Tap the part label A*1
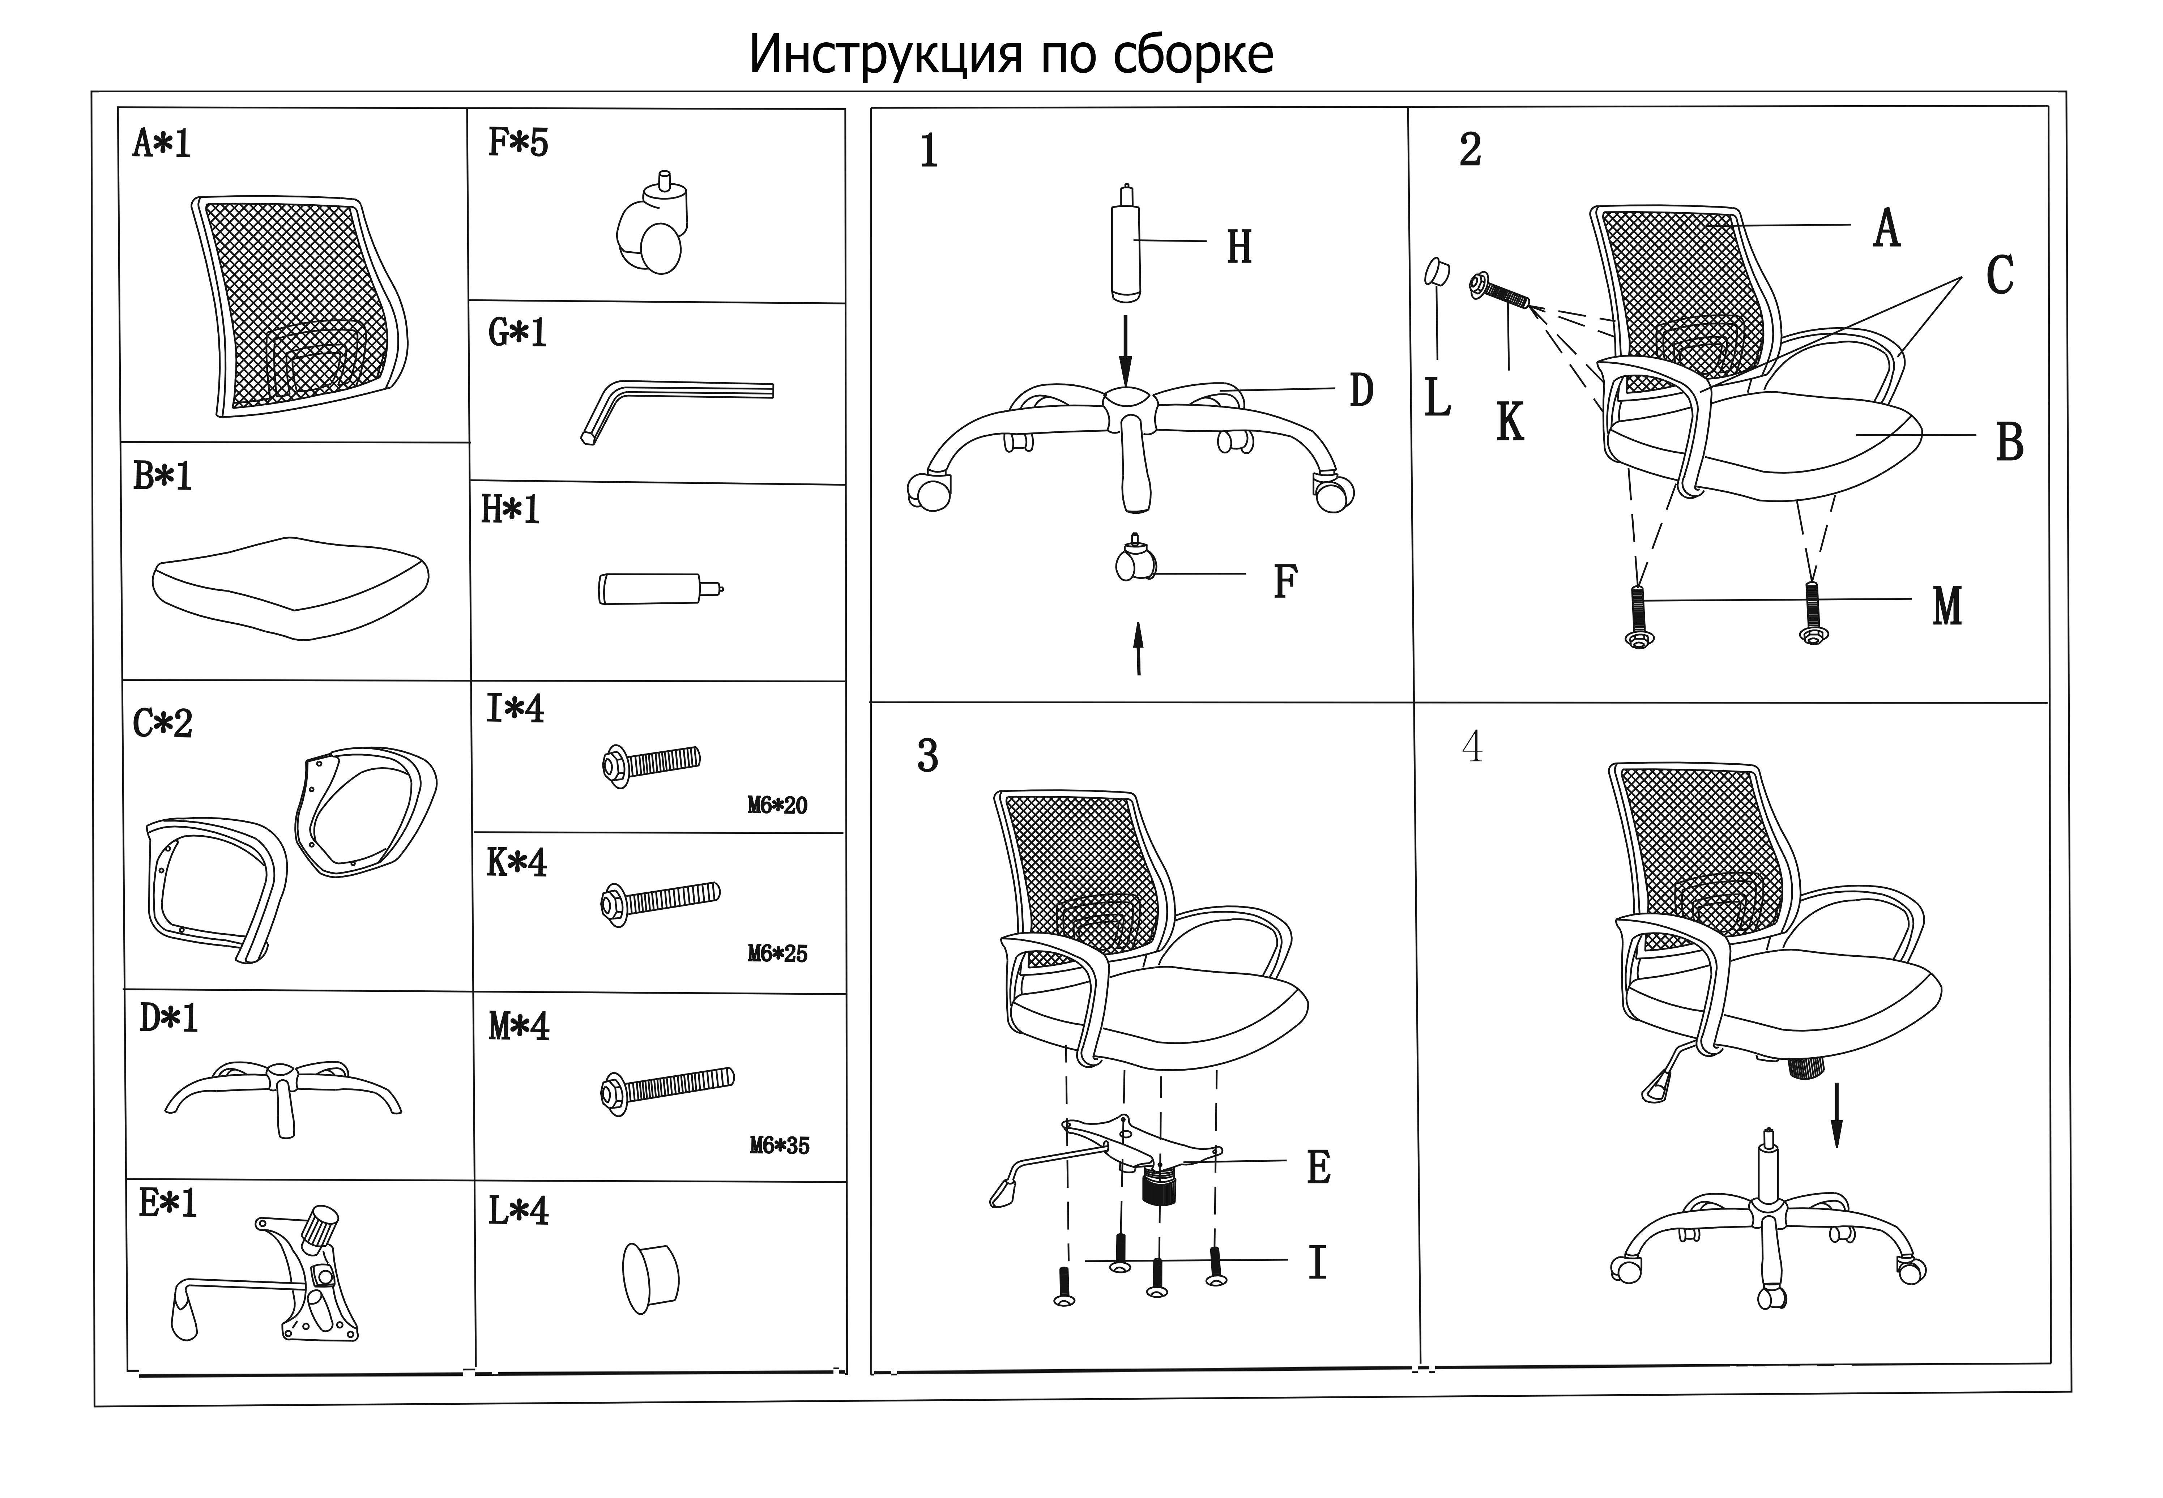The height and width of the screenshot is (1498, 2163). click(x=161, y=144)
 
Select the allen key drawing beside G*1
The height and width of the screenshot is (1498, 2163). click(x=676, y=404)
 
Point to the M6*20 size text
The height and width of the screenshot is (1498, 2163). click(x=777, y=805)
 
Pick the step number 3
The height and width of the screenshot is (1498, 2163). click(x=927, y=756)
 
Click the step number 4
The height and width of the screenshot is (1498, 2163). click(x=1472, y=747)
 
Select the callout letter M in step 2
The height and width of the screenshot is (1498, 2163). click(x=1947, y=606)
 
